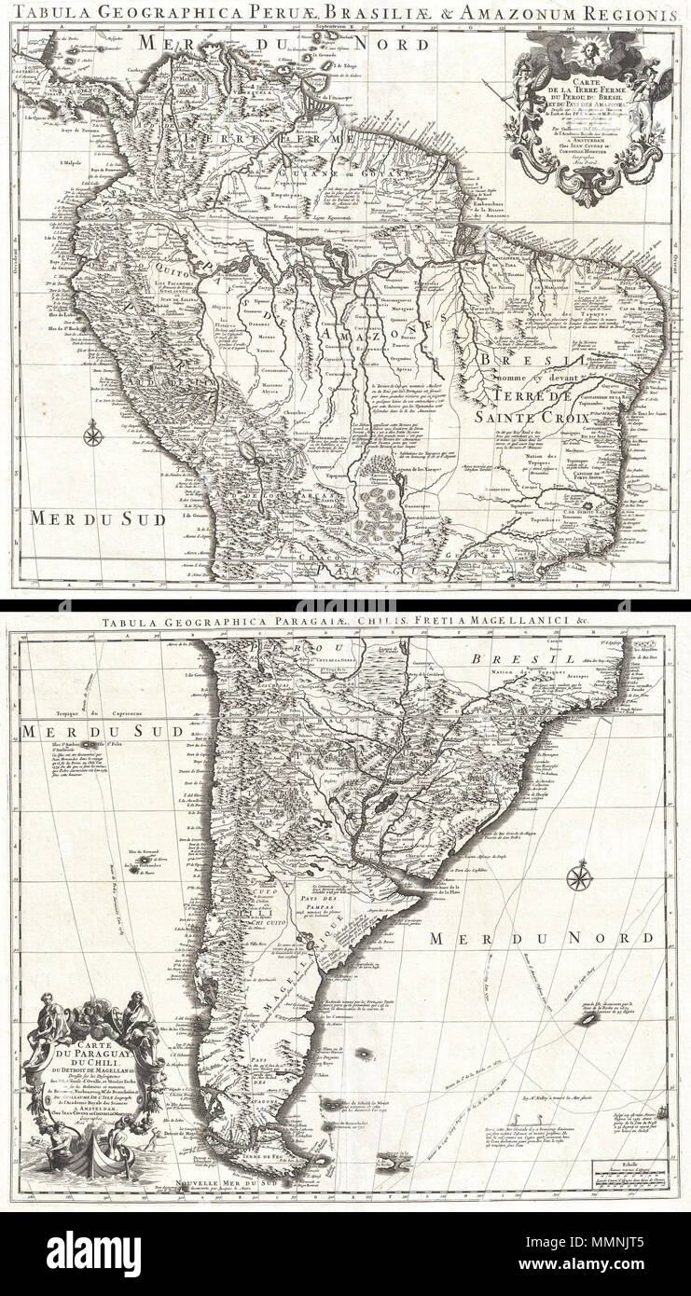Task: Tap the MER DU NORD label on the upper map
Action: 283,45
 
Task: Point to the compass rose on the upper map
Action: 93,432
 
